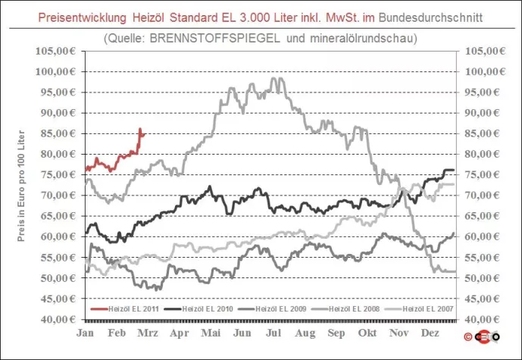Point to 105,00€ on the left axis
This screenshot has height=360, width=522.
point(55,51)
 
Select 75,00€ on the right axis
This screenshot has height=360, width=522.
point(484,175)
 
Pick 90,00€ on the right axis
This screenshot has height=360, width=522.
point(484,113)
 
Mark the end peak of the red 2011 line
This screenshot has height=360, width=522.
point(141,130)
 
